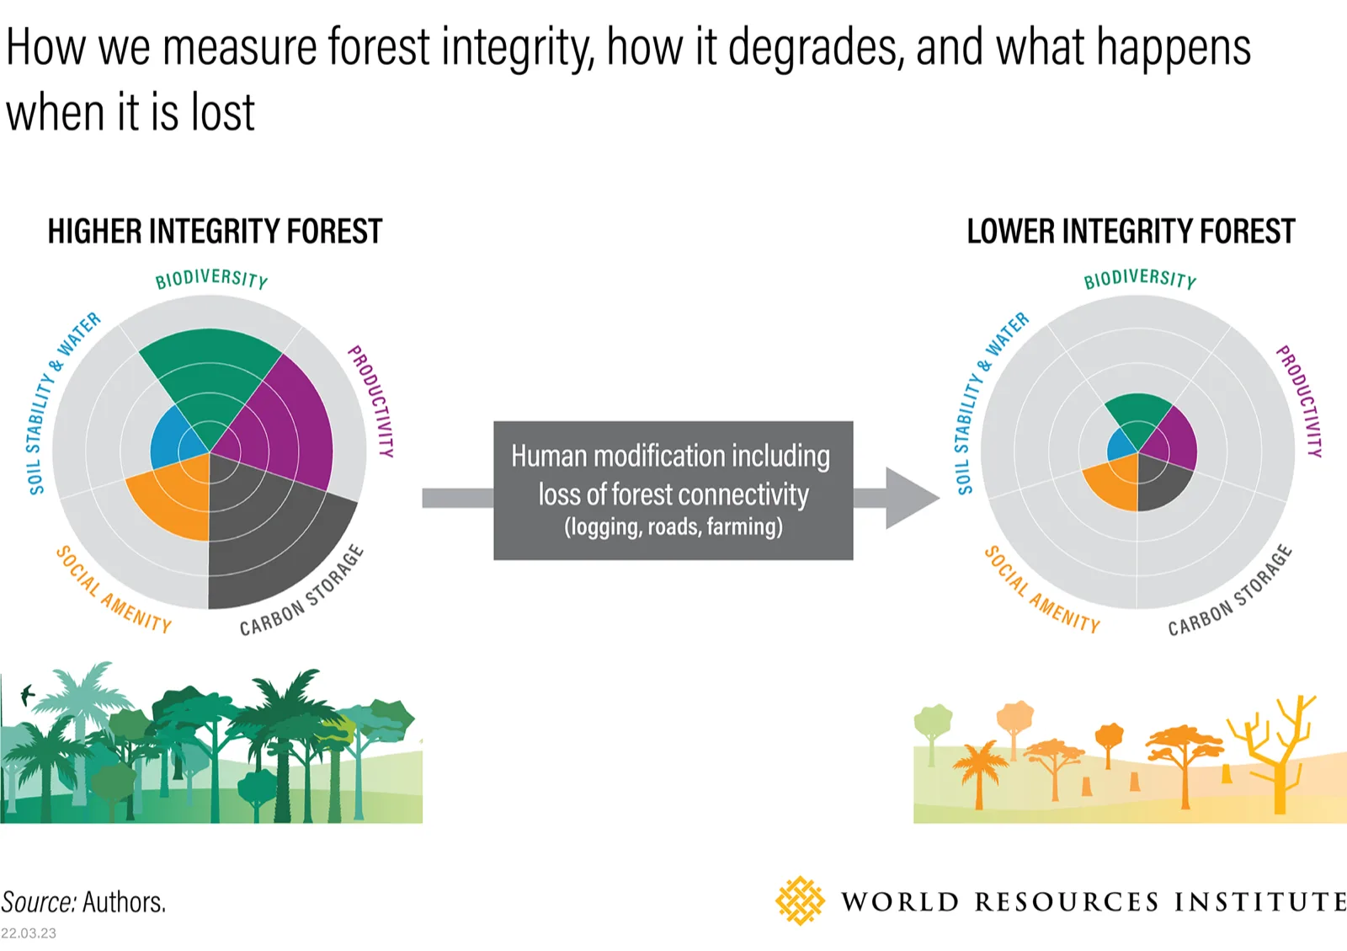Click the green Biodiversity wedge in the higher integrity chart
[x=210, y=379]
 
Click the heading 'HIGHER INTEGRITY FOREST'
[x=215, y=232]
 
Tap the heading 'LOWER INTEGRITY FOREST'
[x=1131, y=232]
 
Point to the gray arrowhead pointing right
[x=911, y=498]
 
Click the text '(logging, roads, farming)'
[x=673, y=527]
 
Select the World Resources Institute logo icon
[x=800, y=900]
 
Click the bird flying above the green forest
[x=27, y=694]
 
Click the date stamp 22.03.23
[x=29, y=933]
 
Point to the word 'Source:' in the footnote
[x=39, y=902]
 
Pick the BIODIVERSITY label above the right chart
[x=1140, y=279]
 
